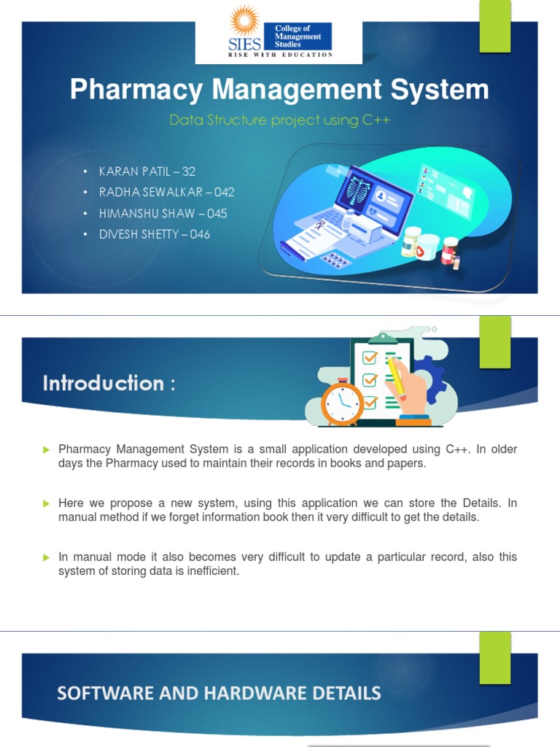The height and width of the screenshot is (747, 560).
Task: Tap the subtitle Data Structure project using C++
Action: point(279,120)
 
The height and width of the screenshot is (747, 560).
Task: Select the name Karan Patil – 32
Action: point(147,171)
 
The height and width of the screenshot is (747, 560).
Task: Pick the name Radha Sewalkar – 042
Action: point(166,193)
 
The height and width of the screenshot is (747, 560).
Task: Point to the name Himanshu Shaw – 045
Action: point(163,214)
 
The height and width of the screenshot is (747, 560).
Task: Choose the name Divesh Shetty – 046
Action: point(155,234)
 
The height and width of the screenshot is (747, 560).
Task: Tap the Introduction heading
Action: point(109,383)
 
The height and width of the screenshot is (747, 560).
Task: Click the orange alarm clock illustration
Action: point(341,400)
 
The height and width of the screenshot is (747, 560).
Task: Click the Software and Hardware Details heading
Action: point(219,693)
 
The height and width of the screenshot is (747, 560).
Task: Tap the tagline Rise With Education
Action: point(281,55)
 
